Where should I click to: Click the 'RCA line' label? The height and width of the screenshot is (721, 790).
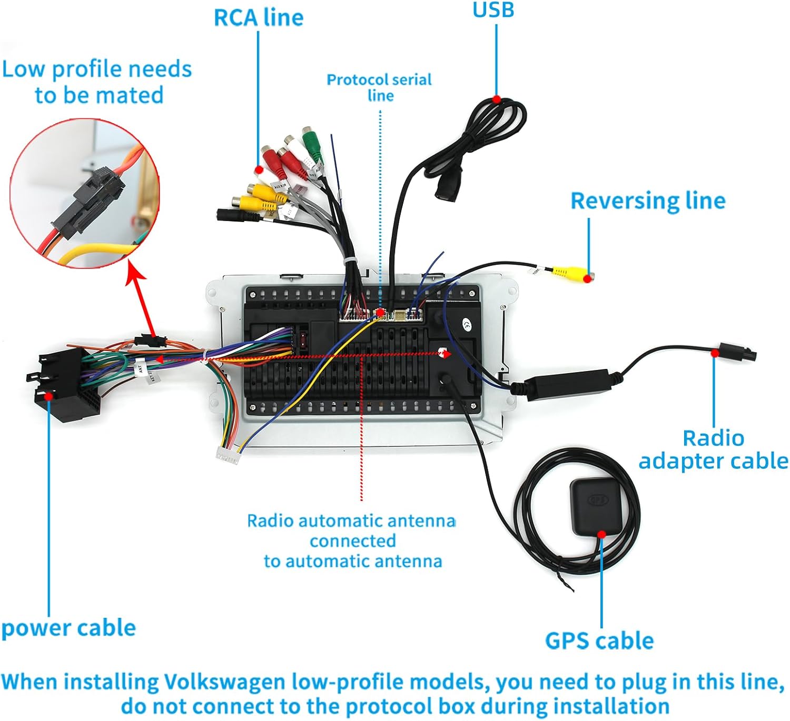(259, 18)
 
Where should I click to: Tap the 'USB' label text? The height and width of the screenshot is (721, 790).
(493, 10)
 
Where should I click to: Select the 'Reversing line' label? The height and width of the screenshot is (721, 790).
(648, 201)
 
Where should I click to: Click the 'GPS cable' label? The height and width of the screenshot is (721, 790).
(599, 641)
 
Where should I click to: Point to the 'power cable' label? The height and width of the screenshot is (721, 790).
(68, 628)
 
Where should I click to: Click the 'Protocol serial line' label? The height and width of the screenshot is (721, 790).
(379, 87)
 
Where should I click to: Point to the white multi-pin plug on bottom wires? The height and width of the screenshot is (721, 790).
(228, 455)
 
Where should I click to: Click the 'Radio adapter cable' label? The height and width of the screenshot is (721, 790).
(713, 449)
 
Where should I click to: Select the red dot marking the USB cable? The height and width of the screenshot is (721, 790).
(496, 99)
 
